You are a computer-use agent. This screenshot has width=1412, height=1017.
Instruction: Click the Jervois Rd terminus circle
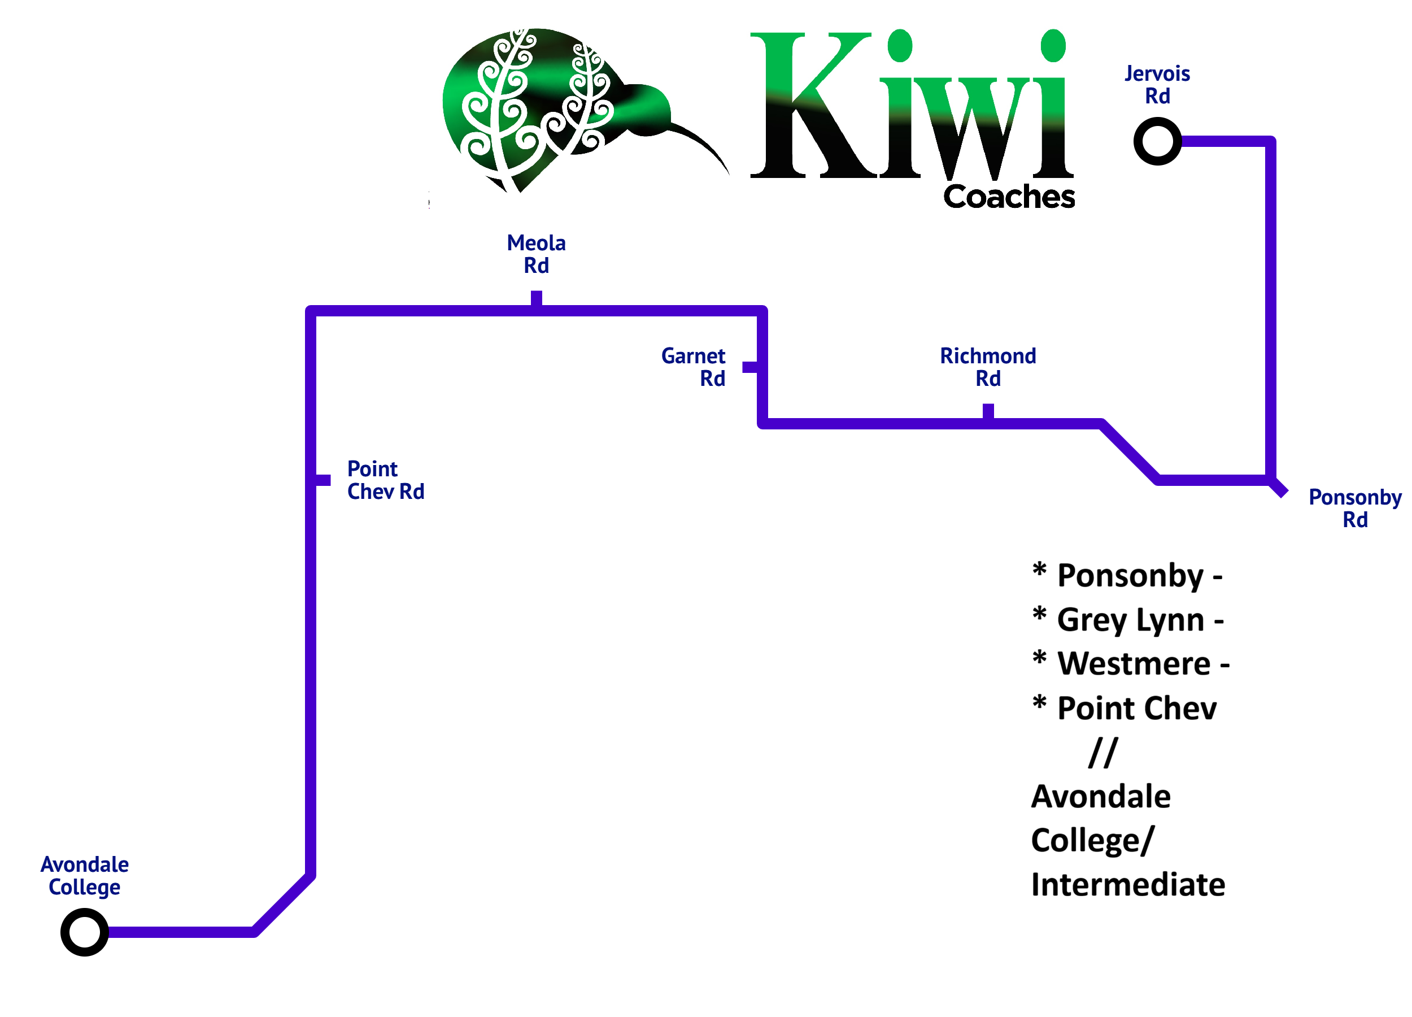pos(1157,141)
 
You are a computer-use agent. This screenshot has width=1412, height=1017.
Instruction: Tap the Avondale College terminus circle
pos(85,932)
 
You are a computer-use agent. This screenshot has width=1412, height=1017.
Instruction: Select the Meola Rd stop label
pos(536,254)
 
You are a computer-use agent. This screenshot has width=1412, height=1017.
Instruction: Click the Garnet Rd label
pos(694,367)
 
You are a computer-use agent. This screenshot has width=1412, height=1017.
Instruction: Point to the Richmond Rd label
pos(988,367)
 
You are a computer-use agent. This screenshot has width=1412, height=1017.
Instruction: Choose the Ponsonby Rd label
pos(1355,508)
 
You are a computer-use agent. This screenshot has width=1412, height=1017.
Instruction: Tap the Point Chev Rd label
pos(385,480)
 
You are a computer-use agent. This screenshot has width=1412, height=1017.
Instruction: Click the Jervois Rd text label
pos(1157,85)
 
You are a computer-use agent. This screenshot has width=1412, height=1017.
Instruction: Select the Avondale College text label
pos(85,876)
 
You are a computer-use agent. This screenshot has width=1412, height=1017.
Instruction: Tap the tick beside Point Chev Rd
pos(323,480)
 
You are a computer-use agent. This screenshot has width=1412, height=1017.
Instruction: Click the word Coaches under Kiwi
pos(1009,197)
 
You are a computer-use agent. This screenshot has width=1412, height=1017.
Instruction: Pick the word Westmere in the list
pos(1134,663)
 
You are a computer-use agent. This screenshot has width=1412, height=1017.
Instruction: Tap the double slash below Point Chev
pos(1103,753)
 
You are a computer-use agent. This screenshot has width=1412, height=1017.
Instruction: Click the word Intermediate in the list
pos(1128,885)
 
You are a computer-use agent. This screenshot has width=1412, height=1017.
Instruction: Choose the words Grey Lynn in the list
pos(1131,620)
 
